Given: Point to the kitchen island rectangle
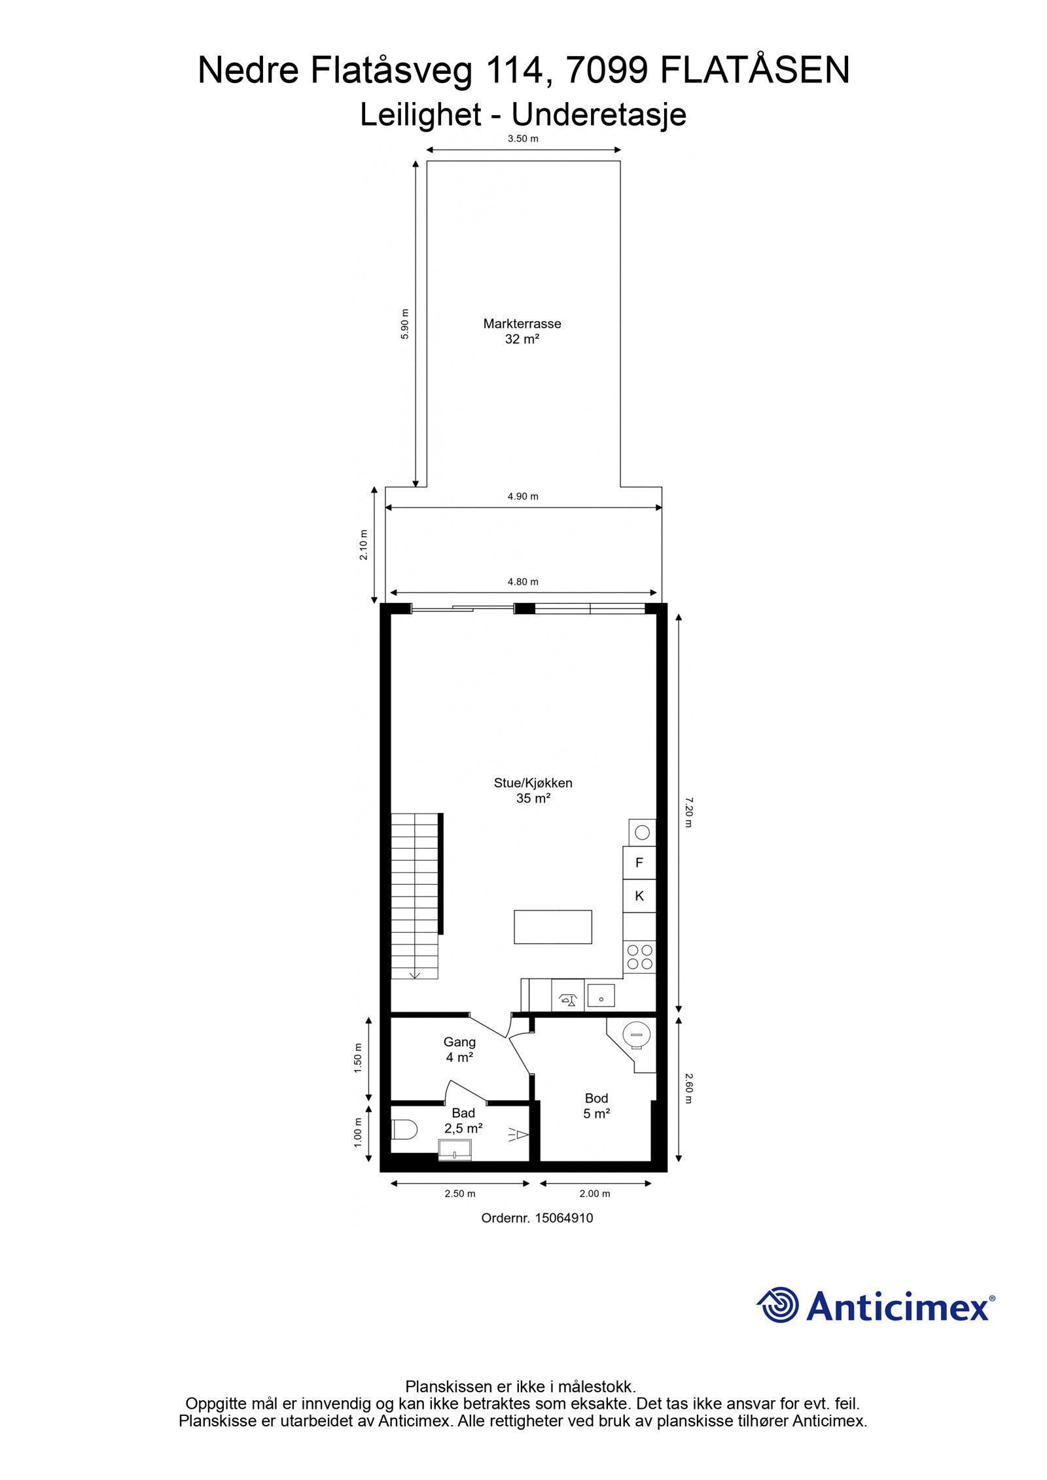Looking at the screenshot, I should coord(552,927).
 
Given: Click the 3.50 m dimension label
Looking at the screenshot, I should coord(523,139).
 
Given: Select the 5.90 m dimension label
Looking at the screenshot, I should coord(404,324).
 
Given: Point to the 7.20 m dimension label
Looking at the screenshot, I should coord(687,812).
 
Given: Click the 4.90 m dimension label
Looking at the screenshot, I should coord(523,496).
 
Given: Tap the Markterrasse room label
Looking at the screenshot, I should coord(522,324).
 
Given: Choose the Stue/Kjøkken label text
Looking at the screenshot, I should coord(533,783).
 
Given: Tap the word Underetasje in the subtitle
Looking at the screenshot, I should coord(598,115).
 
